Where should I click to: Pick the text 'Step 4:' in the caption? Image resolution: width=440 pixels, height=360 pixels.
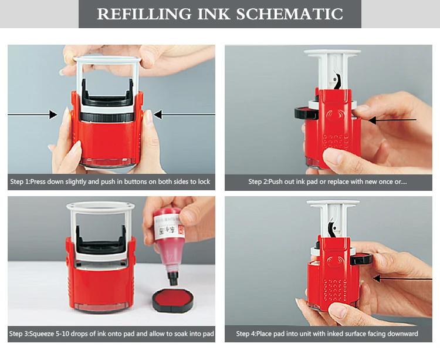(248, 334)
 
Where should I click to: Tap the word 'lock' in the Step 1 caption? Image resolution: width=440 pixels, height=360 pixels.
(204, 182)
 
